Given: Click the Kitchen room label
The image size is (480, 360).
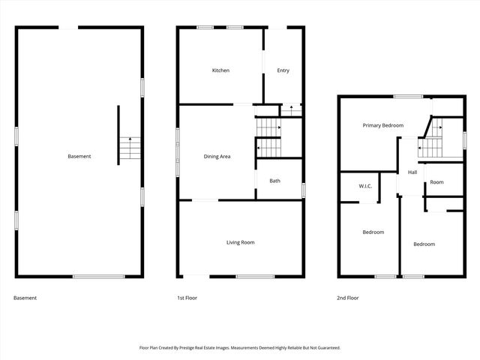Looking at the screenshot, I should point(220,70).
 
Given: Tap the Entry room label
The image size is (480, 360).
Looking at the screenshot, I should point(283,70).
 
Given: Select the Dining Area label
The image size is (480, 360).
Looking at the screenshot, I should point(217,157).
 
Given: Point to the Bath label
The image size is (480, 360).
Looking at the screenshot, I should point(275,181).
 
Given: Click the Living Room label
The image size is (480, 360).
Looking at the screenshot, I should point(241,242).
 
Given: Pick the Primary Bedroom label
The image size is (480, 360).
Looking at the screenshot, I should point(383,125).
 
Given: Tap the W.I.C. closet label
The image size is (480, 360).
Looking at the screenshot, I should point(366,186).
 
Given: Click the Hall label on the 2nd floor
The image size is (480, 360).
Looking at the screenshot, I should point(412,172).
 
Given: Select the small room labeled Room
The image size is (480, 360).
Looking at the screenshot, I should point(436,182).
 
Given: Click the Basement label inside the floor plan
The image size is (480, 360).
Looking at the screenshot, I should point(79,156).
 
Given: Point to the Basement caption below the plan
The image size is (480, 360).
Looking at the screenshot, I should point(25,298).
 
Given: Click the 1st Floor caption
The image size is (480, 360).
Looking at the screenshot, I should point(187,298).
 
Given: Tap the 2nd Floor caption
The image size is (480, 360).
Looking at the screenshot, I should point(347,298).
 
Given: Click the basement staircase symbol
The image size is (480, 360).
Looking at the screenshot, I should point(130,148).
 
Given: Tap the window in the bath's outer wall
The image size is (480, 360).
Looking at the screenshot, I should point(303,190).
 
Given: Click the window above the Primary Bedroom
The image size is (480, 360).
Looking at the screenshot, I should point(408,96).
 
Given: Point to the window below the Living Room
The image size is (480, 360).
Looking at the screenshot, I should point(250,277).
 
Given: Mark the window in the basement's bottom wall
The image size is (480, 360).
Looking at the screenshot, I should point(98,277).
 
